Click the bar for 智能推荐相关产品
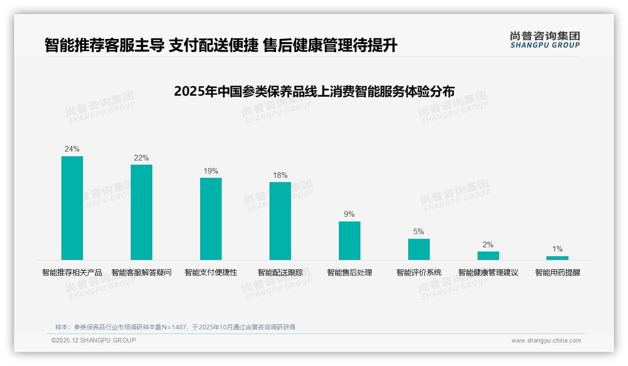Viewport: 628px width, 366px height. [x=72, y=208]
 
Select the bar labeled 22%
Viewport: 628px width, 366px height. [x=142, y=212]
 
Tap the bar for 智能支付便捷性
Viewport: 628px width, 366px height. [x=211, y=219]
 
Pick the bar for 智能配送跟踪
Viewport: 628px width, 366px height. [x=280, y=221]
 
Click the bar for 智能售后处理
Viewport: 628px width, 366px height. [x=350, y=241]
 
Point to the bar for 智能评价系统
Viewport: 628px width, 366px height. [x=419, y=249]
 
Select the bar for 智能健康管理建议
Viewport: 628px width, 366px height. [x=488, y=256]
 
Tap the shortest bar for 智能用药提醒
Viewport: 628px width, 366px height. [x=557, y=258]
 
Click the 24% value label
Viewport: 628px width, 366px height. [x=72, y=149]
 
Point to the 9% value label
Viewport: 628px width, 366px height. [x=350, y=214]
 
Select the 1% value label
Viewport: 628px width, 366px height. [x=557, y=249]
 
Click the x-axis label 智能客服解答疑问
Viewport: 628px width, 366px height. [x=142, y=273]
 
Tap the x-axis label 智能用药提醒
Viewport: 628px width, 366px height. [x=558, y=273]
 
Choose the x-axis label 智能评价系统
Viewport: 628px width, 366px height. [x=419, y=273]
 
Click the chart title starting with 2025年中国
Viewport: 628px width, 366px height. [x=314, y=91]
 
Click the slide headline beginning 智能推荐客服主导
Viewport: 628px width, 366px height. [x=221, y=46]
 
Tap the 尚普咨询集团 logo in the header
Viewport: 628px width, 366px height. [x=545, y=39]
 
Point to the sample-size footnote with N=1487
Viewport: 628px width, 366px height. [x=175, y=327]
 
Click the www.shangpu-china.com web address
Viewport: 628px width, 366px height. [x=546, y=341]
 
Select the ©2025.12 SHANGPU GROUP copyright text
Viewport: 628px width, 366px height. [x=94, y=340]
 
